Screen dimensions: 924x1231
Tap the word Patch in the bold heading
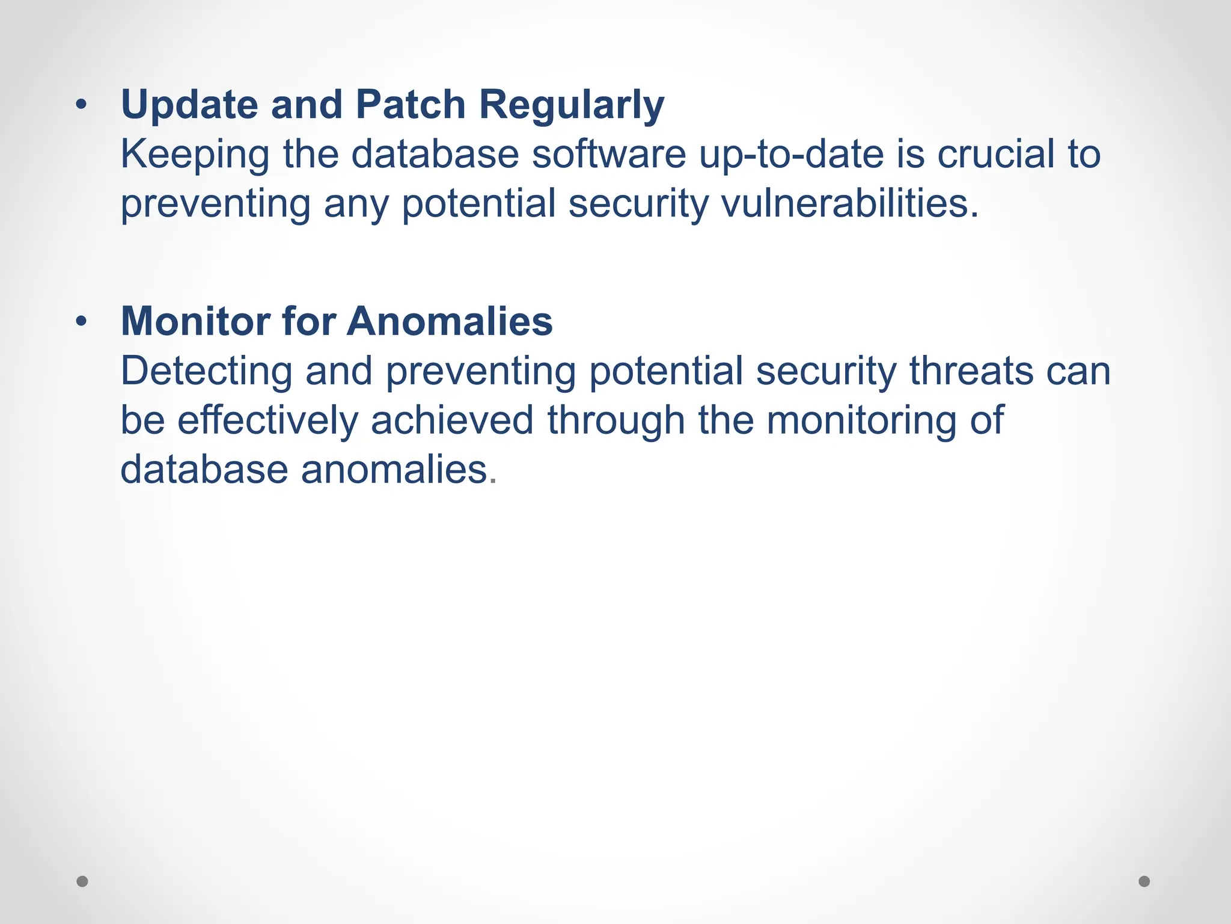[x=411, y=105]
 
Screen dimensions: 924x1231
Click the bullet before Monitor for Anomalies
[x=81, y=322]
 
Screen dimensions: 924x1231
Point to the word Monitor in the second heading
[x=195, y=321]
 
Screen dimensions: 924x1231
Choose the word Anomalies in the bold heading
[x=449, y=321]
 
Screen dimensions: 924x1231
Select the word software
[x=608, y=154]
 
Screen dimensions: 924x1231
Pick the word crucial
[x=995, y=154]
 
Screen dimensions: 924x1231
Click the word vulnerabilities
[x=849, y=203]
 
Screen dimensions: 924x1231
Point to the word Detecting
[x=206, y=372]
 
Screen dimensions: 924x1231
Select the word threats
[x=971, y=371]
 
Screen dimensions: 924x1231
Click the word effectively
[x=267, y=420]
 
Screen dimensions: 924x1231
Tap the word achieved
[x=452, y=420]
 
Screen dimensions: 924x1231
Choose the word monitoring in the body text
[x=861, y=420]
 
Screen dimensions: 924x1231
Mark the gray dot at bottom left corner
[x=82, y=881]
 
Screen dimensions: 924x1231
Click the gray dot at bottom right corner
[x=1144, y=881]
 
